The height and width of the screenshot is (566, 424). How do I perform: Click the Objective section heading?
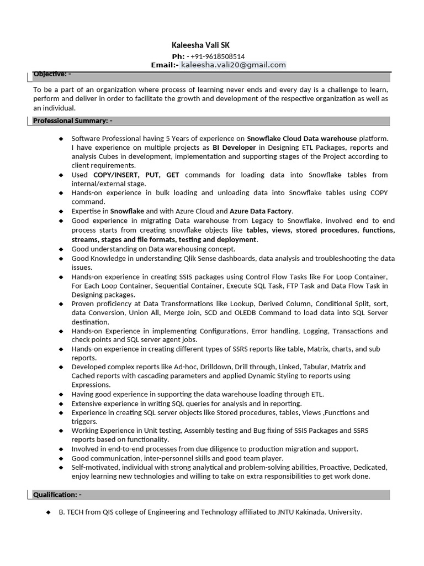(x=52, y=74)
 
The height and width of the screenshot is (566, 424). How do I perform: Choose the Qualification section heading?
(x=57, y=494)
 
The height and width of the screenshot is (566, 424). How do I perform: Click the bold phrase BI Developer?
(x=234, y=148)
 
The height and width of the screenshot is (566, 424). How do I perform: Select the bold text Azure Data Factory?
(x=261, y=211)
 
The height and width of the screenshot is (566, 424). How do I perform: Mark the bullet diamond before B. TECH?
(x=49, y=512)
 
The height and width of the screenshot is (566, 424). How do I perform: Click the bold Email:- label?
(x=165, y=65)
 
